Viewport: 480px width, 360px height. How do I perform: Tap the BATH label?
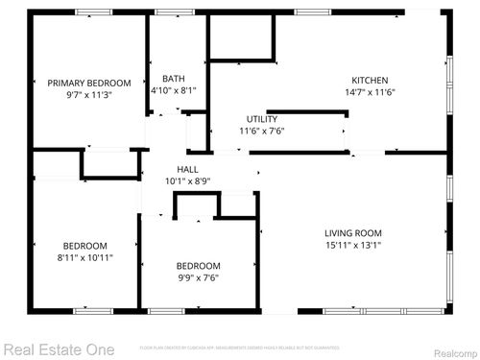pos(174,79)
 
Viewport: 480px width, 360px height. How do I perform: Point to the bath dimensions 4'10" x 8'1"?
pos(174,91)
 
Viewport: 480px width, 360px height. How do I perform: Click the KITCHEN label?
pos(371,80)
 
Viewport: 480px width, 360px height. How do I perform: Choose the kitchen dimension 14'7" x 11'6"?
pos(371,92)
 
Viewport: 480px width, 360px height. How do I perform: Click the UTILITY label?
pos(262,119)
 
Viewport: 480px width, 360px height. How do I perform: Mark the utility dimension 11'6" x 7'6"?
pos(262,132)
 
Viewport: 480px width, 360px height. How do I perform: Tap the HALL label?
pos(174,167)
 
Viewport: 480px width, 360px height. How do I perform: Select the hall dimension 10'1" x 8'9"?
pos(174,180)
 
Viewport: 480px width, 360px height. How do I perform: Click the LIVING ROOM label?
pos(353,233)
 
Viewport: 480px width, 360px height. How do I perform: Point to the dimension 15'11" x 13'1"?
pos(353,246)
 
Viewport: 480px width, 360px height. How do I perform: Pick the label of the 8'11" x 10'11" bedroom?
pos(85,246)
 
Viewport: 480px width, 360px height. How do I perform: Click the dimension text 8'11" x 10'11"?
pos(85,258)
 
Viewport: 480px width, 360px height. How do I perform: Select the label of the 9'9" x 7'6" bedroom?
pos(198,266)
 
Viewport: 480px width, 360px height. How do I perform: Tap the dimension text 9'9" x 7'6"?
pos(198,278)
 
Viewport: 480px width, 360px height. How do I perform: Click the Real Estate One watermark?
pos(58,349)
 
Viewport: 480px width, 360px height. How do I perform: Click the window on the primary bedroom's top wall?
pos(90,12)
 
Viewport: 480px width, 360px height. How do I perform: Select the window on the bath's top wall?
pos(171,12)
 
